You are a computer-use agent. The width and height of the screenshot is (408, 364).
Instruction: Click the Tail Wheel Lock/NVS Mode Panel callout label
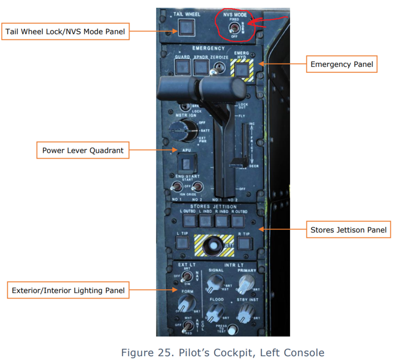pos(65,32)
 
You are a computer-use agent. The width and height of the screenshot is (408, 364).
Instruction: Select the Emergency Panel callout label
pos(342,64)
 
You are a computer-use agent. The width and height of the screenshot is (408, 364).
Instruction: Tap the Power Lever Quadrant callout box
pos(83,150)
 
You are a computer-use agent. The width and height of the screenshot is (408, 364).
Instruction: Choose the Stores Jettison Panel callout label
pos(348,230)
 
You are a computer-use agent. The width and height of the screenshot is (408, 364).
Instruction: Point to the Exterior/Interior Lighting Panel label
pos(68,291)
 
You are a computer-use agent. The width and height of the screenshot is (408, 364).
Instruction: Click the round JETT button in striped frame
pos(212,247)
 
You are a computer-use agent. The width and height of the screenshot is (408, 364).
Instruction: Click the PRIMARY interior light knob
pos(246,281)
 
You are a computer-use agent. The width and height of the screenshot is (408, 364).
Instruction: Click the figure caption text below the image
pos(223,353)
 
